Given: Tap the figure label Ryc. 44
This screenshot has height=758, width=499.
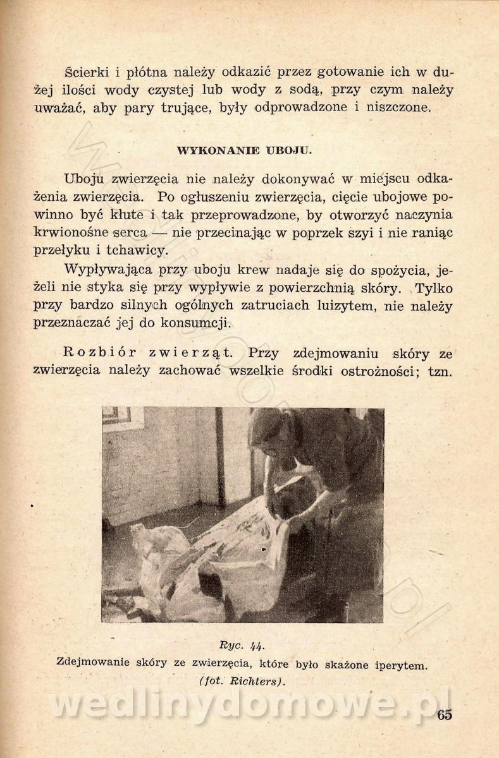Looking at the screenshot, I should (241, 645).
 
